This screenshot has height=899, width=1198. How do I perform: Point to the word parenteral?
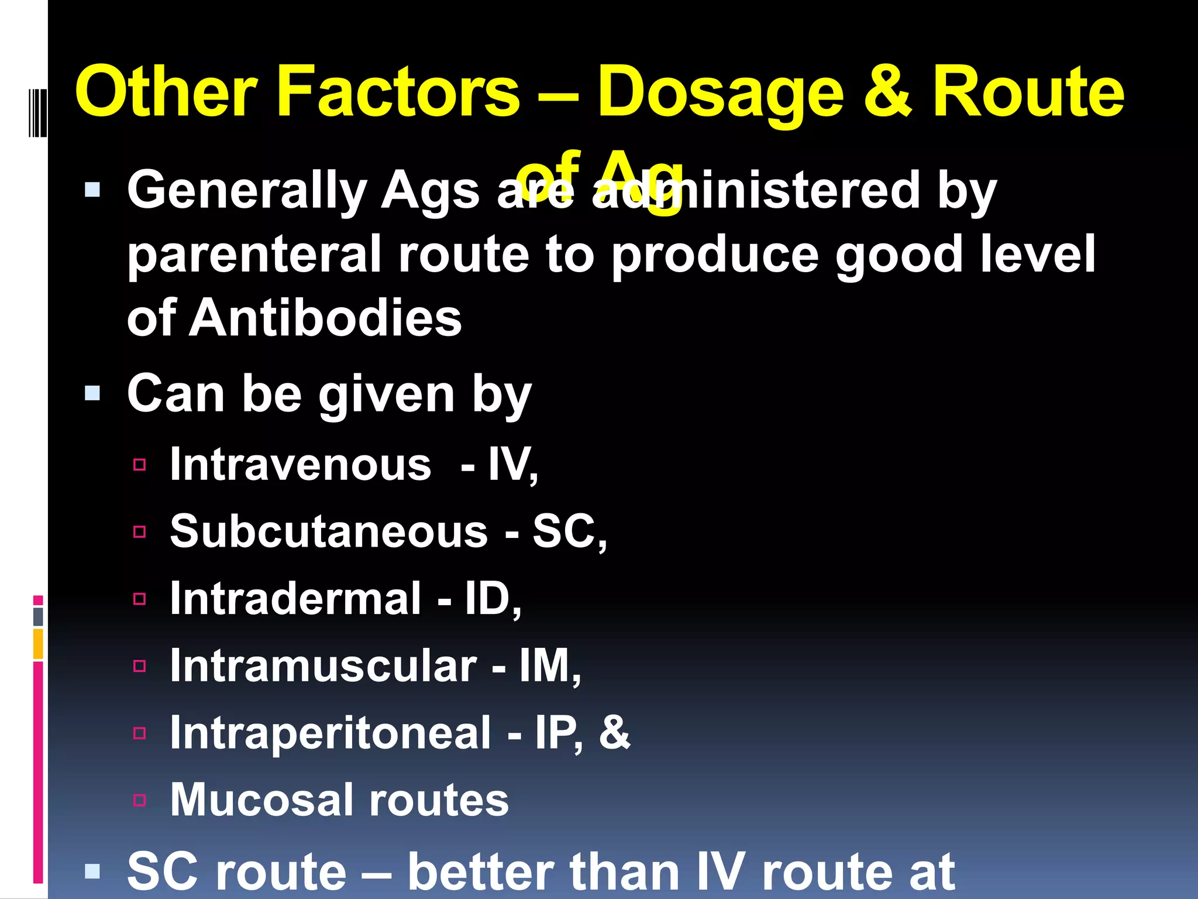click(254, 255)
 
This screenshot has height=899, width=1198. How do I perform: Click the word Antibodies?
click(325, 318)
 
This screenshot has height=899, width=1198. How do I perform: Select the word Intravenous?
click(301, 465)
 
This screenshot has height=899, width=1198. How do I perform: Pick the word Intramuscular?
click(323, 666)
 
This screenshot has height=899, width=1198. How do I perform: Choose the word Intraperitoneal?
click(331, 733)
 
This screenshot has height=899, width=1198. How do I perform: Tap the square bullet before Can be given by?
click(92, 393)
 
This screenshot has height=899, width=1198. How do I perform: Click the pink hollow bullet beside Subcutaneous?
click(139, 532)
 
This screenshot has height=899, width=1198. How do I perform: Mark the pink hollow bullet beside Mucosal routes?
click(139, 800)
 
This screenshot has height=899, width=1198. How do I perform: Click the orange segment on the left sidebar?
click(38, 643)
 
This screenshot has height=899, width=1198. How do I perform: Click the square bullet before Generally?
click(92, 190)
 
